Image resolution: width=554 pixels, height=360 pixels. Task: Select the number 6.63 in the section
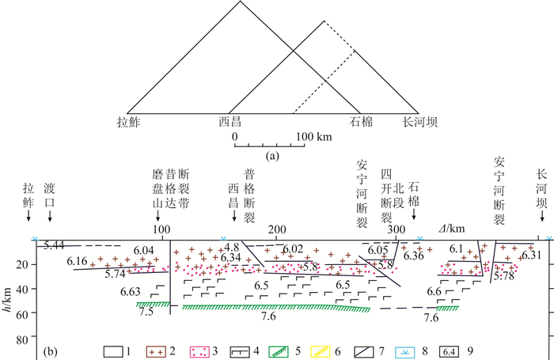click(x=131, y=292)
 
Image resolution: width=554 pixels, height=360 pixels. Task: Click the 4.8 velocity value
click(x=231, y=248)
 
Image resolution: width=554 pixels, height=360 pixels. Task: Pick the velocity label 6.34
click(x=231, y=258)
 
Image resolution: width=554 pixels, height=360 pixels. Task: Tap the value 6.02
click(x=293, y=248)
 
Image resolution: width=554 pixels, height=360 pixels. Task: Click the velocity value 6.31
click(x=532, y=254)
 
